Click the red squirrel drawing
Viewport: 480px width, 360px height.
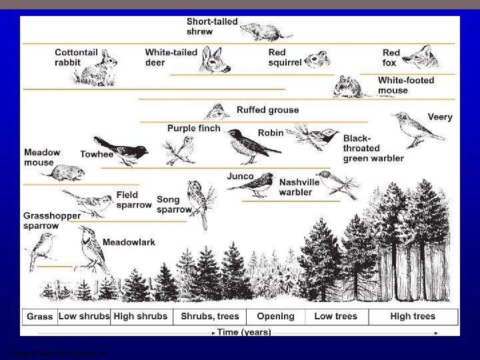(x=317, y=59)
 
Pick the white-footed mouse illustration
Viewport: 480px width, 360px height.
(x=349, y=86)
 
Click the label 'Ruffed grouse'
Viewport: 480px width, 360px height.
(x=267, y=110)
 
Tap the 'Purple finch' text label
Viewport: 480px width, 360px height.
(x=193, y=128)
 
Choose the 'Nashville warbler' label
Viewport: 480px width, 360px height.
(x=295, y=187)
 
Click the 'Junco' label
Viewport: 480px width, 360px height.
(x=240, y=177)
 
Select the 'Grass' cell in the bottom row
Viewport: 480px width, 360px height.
(x=40, y=317)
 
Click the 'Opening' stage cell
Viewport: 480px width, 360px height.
(x=275, y=317)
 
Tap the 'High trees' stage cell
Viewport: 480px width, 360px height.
(x=413, y=317)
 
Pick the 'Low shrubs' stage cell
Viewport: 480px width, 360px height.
(x=84, y=317)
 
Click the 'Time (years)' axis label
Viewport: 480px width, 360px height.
(x=244, y=331)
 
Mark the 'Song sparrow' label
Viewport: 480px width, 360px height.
(x=172, y=205)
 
